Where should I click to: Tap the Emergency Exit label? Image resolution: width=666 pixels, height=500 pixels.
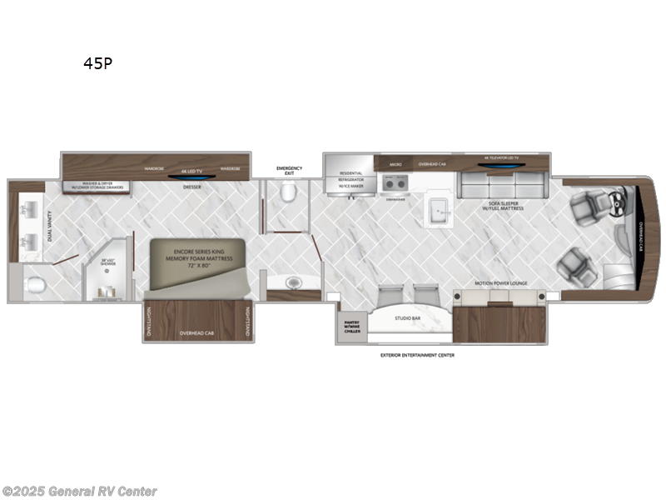click(x=289, y=171)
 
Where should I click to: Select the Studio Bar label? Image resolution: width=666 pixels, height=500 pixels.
click(x=407, y=317)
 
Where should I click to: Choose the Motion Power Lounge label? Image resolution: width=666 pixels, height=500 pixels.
click(x=500, y=283)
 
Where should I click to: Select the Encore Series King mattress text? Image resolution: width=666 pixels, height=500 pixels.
click(x=198, y=254)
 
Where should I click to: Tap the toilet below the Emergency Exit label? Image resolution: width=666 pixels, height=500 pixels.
click(x=288, y=194)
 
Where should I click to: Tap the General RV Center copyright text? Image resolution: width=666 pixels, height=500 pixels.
click(x=79, y=491)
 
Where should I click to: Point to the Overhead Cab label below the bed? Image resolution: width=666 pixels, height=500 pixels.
click(x=197, y=332)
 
